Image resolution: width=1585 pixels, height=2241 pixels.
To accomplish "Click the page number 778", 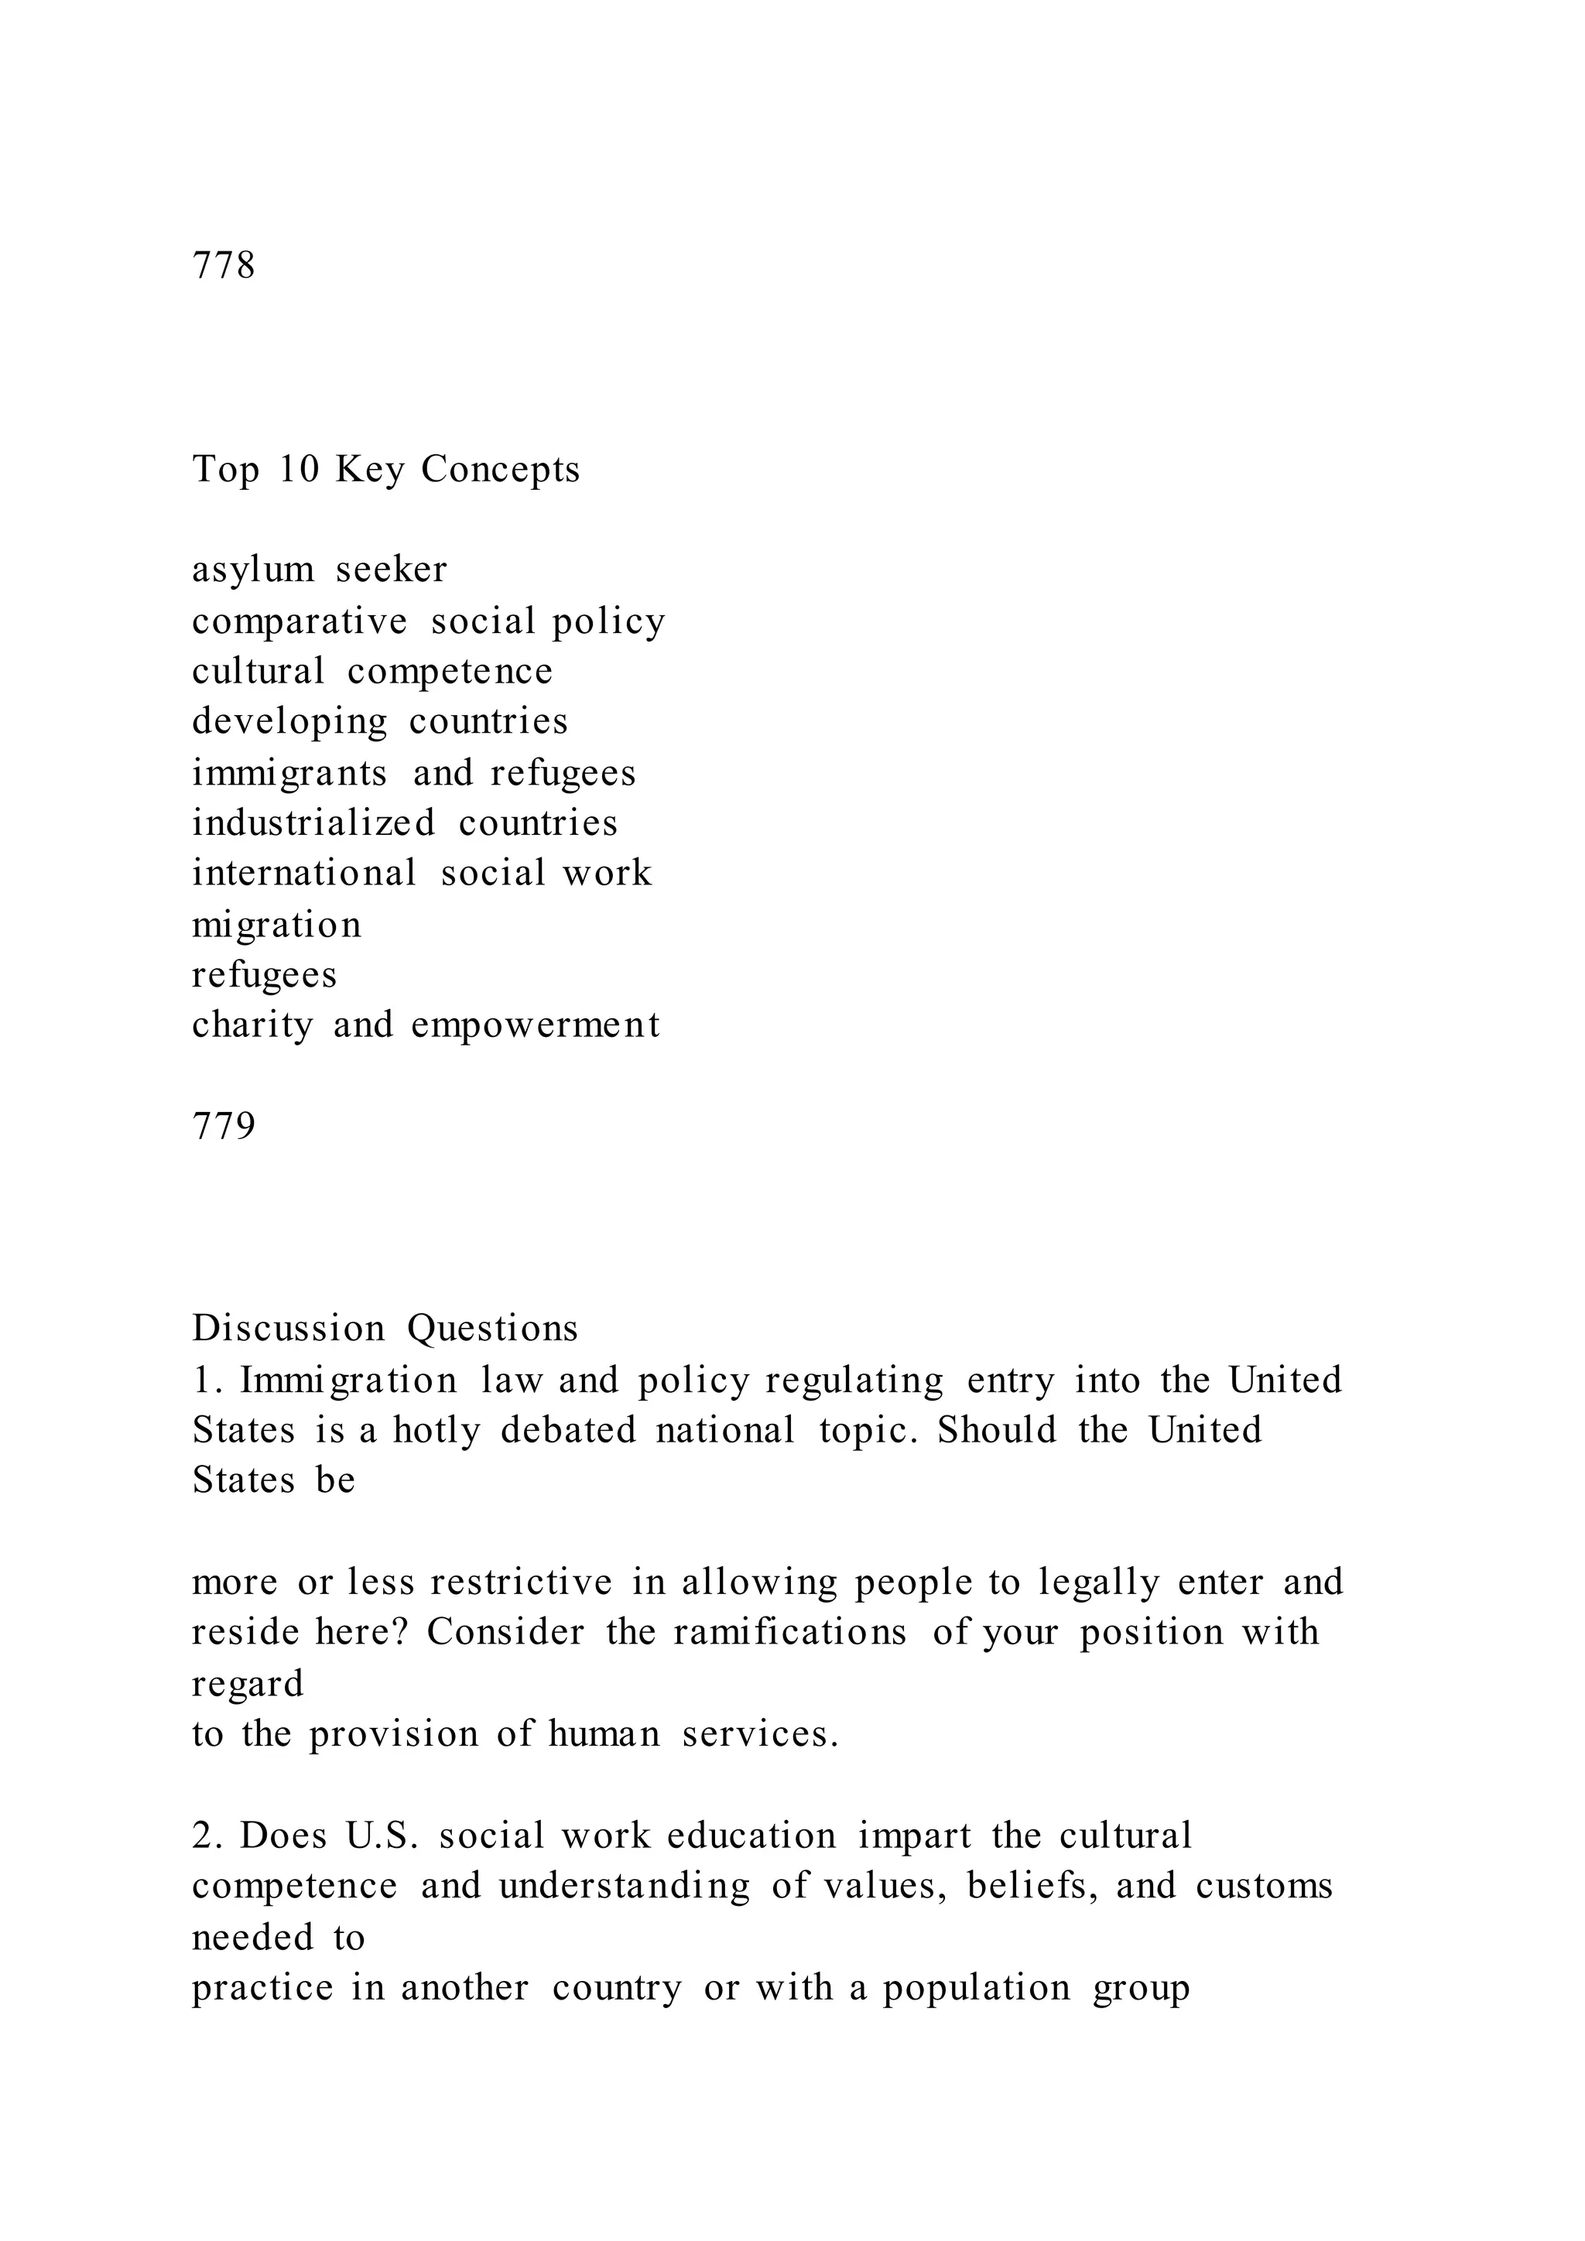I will [224, 265].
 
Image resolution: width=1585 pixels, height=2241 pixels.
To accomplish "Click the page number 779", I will [224, 1127].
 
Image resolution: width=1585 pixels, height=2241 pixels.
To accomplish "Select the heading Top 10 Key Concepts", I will [385, 470].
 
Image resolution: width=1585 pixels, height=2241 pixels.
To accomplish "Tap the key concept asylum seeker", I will [319, 570].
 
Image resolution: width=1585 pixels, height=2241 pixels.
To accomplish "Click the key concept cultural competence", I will [371, 672].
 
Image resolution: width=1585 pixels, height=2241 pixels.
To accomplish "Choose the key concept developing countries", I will [380, 722].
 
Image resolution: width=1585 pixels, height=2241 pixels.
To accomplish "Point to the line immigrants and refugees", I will [414, 773].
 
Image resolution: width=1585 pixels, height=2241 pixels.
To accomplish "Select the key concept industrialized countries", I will [405, 823].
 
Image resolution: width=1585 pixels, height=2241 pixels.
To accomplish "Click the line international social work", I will [422, 873].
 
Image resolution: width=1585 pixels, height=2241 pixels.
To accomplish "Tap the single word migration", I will [276, 924].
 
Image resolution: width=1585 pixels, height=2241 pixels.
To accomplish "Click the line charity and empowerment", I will [426, 1025].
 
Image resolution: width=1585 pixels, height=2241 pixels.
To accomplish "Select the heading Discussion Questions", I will [385, 1329].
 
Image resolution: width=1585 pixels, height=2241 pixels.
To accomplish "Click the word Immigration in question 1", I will [348, 1381].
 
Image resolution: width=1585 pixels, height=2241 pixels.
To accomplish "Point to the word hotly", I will [436, 1430].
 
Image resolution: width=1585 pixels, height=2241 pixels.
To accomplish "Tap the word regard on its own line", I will [247, 1684].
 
